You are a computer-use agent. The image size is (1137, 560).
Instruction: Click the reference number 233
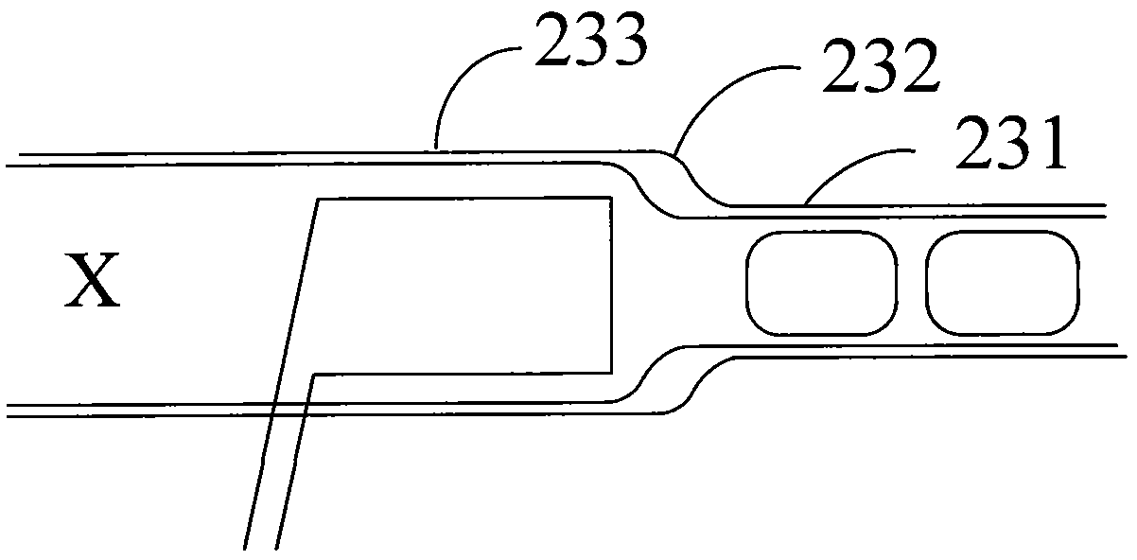[x=591, y=40]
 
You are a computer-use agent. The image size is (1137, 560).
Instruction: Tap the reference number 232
[x=880, y=66]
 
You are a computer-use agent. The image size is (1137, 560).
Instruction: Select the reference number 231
[x=1010, y=142]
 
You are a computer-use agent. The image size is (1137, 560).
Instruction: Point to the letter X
[x=93, y=280]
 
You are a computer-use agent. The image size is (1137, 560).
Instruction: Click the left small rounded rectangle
[x=821, y=283]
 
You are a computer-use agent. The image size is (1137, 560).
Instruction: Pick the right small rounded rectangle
[x=1002, y=283]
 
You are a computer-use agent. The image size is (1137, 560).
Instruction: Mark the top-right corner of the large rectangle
[x=611, y=198]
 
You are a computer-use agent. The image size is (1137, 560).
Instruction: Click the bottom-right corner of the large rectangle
[x=611, y=373]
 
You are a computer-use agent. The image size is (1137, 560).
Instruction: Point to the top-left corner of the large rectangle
[x=318, y=200]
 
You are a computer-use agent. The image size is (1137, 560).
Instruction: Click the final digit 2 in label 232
[x=919, y=66]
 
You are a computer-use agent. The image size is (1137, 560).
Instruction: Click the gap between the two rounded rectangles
[x=912, y=283]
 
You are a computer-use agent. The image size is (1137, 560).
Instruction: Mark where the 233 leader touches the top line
[x=435, y=149]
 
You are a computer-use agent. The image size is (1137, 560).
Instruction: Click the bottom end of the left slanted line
[x=244, y=550]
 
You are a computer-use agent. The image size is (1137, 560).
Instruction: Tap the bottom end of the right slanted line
[x=276, y=550]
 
